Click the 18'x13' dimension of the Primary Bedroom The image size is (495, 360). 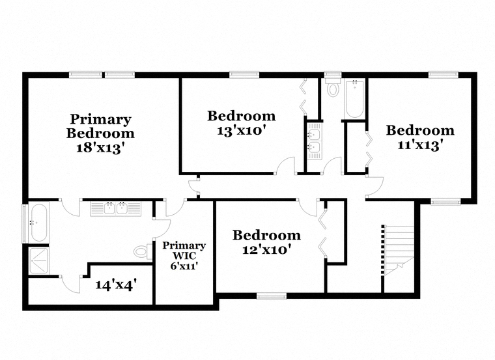coord(99,148)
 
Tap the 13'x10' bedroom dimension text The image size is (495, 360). coord(240,130)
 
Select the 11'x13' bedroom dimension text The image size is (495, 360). coord(420,145)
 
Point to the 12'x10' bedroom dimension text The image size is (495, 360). coord(266,249)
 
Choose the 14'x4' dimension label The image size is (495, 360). coord(116,285)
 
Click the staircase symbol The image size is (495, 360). coord(398,250)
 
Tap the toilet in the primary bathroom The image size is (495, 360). coord(143,251)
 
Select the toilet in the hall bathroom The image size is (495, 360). coord(333,87)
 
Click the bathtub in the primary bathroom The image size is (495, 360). coord(39,223)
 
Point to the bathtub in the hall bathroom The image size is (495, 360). coord(354,99)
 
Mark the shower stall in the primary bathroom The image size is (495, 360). coord(39,261)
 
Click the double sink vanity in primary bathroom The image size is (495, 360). coord(115,208)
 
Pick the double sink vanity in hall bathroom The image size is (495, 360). coord(315,141)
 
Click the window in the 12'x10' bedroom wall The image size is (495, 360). coord(272,296)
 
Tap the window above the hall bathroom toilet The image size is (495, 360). coord(333,74)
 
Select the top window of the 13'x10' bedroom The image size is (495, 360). coord(244,75)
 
